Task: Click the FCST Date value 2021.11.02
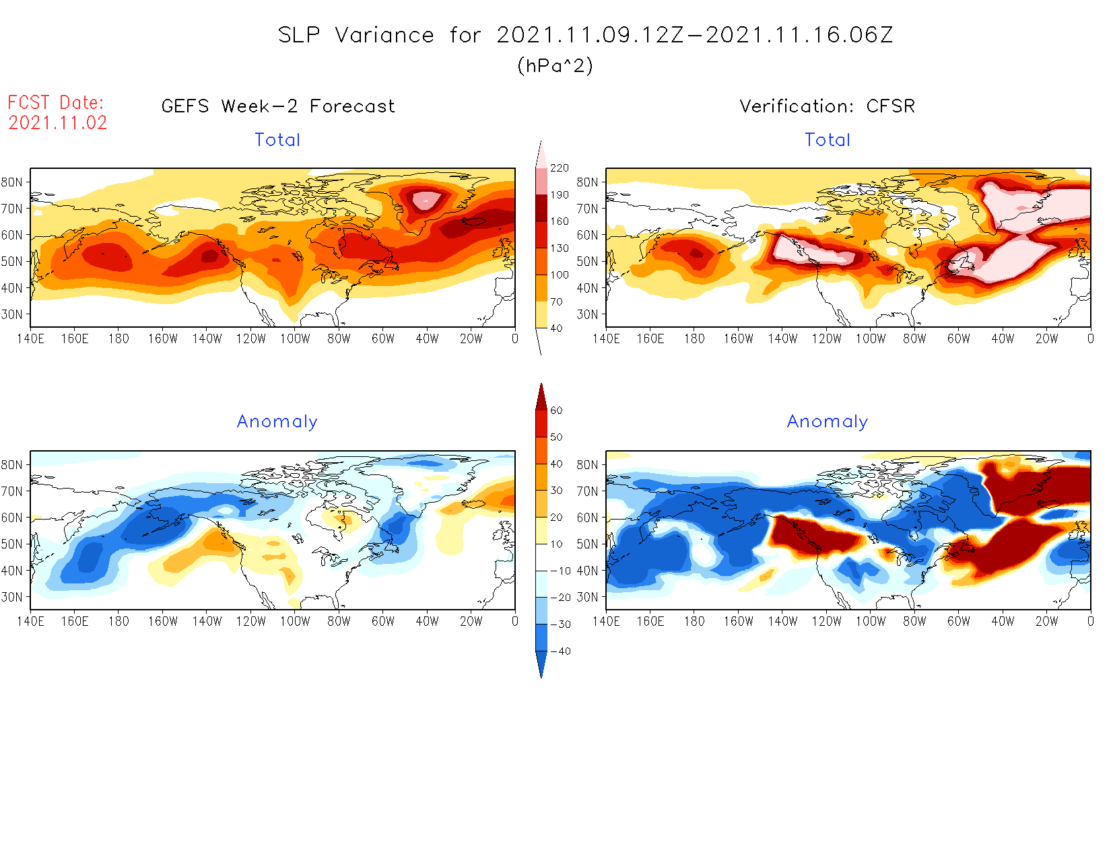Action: [x=58, y=123]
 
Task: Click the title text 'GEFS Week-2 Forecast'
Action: [x=278, y=106]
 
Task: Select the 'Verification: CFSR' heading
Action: [x=827, y=106]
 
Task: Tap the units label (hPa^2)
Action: [x=555, y=66]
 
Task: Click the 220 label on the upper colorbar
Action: [x=560, y=168]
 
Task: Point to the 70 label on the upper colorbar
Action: [x=556, y=301]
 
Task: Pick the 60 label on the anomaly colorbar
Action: [x=556, y=410]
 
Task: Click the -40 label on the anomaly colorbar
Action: [x=560, y=651]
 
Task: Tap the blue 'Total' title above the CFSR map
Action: [x=828, y=140]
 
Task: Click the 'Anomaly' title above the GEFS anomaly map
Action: [x=277, y=422]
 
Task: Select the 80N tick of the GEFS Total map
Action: [x=12, y=182]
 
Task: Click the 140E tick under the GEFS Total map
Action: [x=30, y=339]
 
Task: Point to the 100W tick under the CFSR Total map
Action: [x=871, y=339]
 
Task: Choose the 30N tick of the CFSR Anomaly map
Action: [x=587, y=597]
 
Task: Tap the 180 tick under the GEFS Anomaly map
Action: [x=119, y=622]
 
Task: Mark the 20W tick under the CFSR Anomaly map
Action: [x=1046, y=622]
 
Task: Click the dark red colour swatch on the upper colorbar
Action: [x=541, y=208]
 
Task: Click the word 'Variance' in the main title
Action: [x=384, y=36]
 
